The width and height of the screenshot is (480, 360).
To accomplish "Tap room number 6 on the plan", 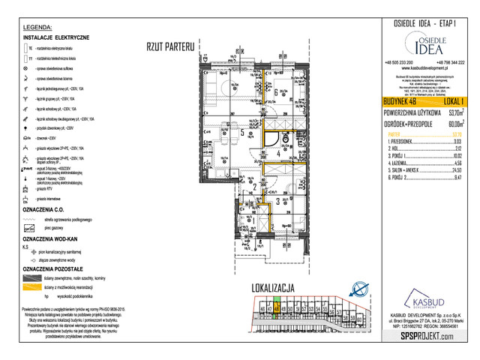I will (277, 92).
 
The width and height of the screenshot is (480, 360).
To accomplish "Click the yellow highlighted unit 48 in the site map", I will (277, 309).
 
